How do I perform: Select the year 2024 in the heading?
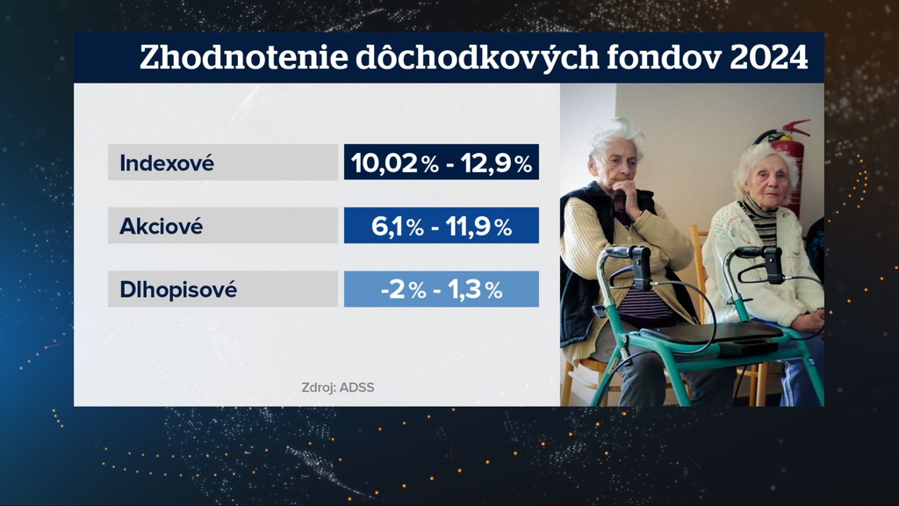coord(769,57)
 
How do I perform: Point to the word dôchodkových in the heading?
coord(477,58)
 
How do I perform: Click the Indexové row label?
coord(167,163)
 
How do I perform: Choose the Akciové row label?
coord(162,227)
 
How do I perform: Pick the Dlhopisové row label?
coord(178,290)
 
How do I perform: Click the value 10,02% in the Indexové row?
coord(395,163)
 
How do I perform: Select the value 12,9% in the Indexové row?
coord(497,163)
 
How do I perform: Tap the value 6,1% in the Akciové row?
coord(398,227)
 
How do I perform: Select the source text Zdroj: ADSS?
coord(338,387)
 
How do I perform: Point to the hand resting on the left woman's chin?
coord(629,198)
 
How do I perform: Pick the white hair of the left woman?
coord(616,134)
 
